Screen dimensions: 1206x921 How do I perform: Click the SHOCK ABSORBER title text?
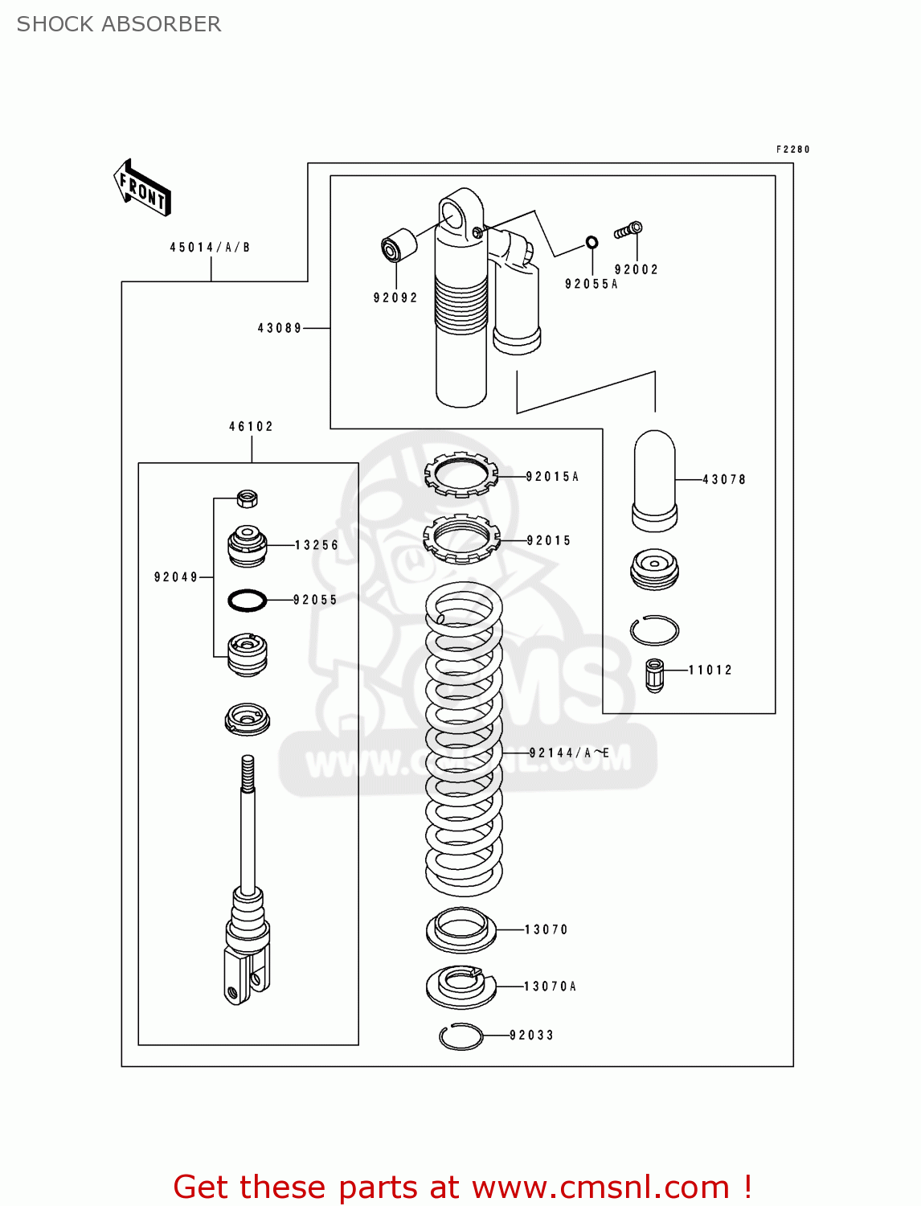(119, 24)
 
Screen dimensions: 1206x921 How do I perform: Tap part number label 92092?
(395, 297)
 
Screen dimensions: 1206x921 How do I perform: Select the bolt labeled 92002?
(628, 231)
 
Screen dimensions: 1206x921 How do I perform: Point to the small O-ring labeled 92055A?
(591, 242)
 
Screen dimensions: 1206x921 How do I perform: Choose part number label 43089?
(280, 328)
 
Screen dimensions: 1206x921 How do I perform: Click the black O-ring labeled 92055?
(248, 600)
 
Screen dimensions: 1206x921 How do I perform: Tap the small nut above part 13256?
(248, 498)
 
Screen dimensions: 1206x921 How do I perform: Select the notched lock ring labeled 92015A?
(461, 474)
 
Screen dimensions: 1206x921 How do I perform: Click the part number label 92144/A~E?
(569, 753)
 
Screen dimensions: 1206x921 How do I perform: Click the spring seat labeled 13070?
(460, 929)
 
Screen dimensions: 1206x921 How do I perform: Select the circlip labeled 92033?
(461, 1036)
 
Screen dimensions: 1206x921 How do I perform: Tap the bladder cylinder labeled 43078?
(655, 480)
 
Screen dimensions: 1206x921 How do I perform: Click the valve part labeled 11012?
(655, 675)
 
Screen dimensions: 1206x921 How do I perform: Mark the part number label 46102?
(252, 427)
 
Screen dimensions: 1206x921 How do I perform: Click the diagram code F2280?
(792, 150)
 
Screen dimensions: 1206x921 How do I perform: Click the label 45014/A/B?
(210, 248)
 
